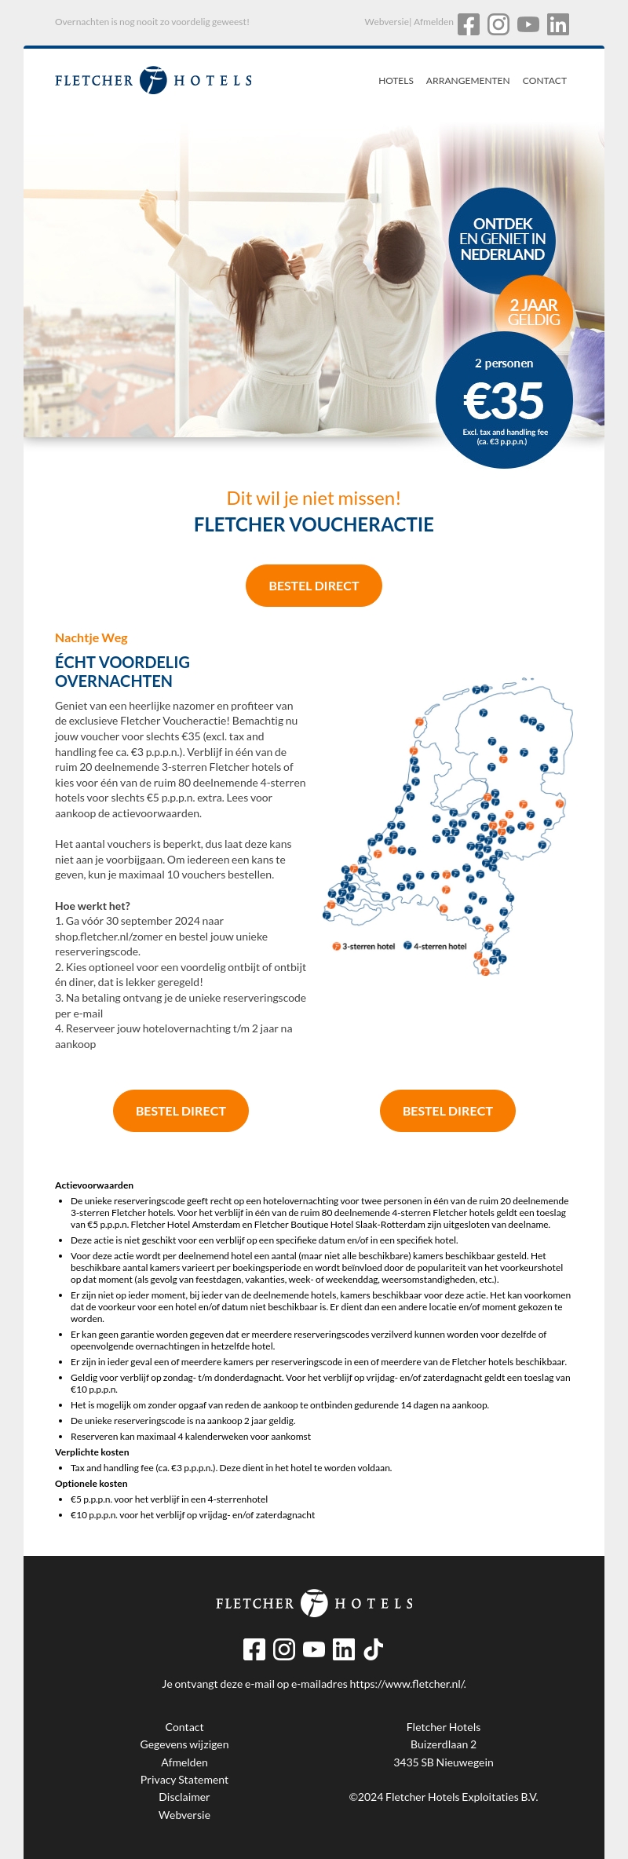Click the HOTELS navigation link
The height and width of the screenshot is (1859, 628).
[x=396, y=81]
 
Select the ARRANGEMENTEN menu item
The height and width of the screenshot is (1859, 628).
[x=468, y=81]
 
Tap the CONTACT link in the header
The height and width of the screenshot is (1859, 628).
[x=544, y=81]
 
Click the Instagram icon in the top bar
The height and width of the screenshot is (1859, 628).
[x=498, y=24]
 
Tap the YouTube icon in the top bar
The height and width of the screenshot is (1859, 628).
[x=528, y=24]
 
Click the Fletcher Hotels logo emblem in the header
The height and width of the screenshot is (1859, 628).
[x=153, y=80]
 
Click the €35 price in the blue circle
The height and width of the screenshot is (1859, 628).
[x=504, y=401]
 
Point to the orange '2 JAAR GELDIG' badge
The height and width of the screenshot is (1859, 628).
[x=534, y=312]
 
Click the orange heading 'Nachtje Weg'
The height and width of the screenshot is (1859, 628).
[x=91, y=638]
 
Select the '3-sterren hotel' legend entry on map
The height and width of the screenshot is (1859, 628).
[x=363, y=946]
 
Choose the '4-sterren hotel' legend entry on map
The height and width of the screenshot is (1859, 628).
[x=436, y=946]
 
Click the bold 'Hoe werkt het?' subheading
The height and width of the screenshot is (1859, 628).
[x=93, y=906]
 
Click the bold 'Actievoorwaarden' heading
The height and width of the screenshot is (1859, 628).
[x=94, y=1185]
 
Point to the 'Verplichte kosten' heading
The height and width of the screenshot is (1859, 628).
[x=92, y=1452]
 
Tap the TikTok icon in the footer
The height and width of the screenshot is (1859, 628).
[x=374, y=1649]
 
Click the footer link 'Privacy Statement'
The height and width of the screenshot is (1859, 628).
[x=184, y=1780]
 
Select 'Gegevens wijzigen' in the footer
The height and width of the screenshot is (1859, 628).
[x=184, y=1744]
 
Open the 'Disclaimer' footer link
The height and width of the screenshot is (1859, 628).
[x=184, y=1797]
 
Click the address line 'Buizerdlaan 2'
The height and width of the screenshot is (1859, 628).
[x=444, y=1744]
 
